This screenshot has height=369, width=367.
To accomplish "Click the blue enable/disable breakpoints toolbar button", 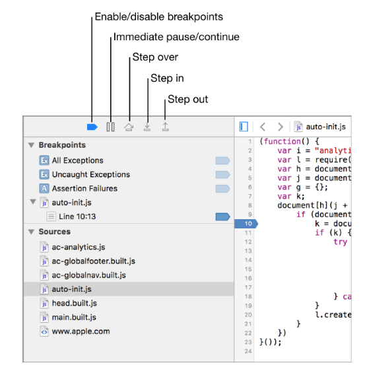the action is (92, 127).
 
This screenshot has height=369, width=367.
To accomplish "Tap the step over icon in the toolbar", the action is (129, 127).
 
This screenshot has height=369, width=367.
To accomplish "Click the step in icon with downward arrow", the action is (147, 127).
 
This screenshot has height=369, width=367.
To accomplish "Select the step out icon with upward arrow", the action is (166, 127).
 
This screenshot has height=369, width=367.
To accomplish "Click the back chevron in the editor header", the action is (263, 127).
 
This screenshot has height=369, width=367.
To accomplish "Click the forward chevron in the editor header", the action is (280, 127).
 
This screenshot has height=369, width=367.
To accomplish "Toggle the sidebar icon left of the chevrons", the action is (244, 127).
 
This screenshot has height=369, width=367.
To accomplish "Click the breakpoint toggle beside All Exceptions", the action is (222, 160).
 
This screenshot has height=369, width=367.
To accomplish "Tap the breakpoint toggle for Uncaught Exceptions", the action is (222, 175).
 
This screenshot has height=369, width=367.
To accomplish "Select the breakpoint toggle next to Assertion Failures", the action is (222, 189).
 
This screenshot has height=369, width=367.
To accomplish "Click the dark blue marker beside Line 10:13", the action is (222, 217).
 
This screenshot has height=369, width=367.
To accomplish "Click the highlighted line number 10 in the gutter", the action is (246, 223).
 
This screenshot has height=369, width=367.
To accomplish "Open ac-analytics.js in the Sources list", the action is (79, 247).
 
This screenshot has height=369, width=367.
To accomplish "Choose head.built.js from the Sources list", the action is (75, 303).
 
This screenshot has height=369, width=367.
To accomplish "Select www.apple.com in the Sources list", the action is (81, 331).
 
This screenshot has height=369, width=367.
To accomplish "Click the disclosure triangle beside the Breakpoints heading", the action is (31, 145).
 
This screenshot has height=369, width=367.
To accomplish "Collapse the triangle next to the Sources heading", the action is (31, 232).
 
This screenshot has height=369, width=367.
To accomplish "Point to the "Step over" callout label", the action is (155, 57).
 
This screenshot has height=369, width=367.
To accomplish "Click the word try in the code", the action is (341, 242).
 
